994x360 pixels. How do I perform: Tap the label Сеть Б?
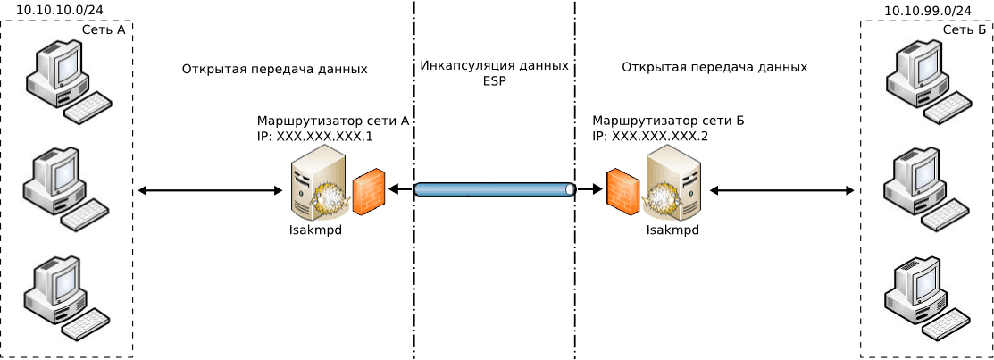(x=965, y=29)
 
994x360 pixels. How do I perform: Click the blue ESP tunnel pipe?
(x=495, y=189)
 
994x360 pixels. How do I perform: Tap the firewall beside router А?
(x=369, y=191)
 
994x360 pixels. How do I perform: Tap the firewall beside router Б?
(x=622, y=190)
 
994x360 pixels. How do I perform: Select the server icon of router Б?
(x=672, y=183)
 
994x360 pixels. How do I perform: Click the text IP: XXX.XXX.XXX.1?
(x=314, y=137)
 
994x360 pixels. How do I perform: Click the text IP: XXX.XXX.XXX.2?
(x=650, y=137)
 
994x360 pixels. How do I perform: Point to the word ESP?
(x=494, y=80)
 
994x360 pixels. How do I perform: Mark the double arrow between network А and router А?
(x=210, y=190)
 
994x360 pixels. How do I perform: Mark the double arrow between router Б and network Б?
(x=781, y=190)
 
